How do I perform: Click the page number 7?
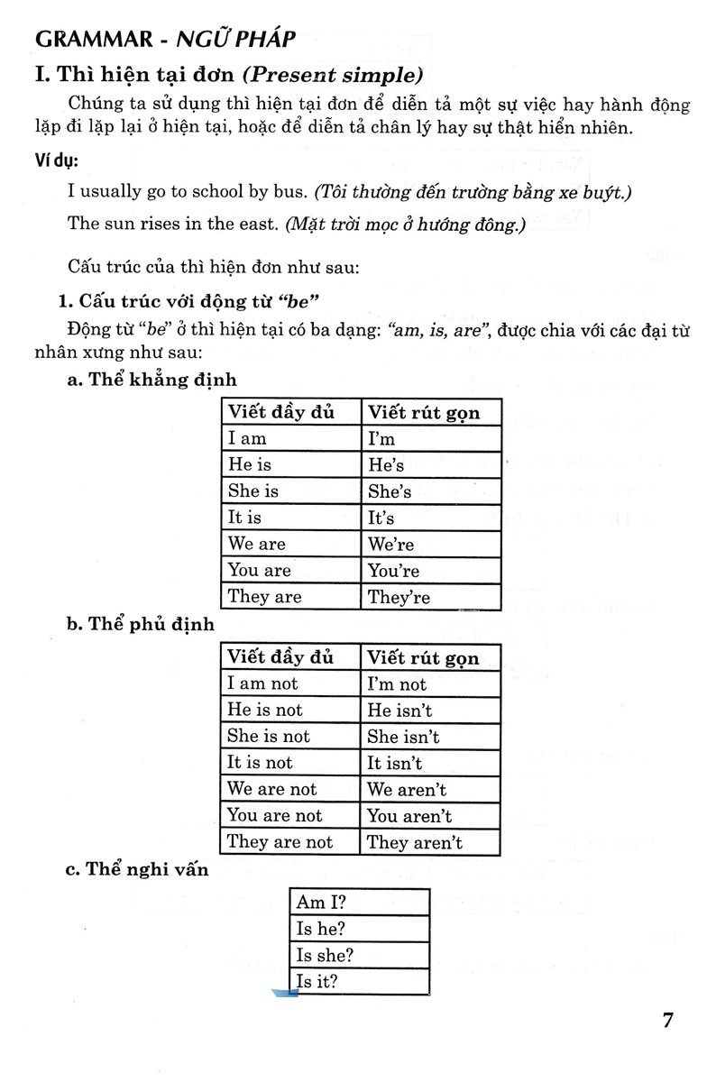click(x=668, y=1021)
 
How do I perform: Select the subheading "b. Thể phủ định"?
click(x=138, y=625)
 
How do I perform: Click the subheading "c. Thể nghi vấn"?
click(x=138, y=869)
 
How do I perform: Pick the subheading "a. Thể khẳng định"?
click(x=152, y=380)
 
